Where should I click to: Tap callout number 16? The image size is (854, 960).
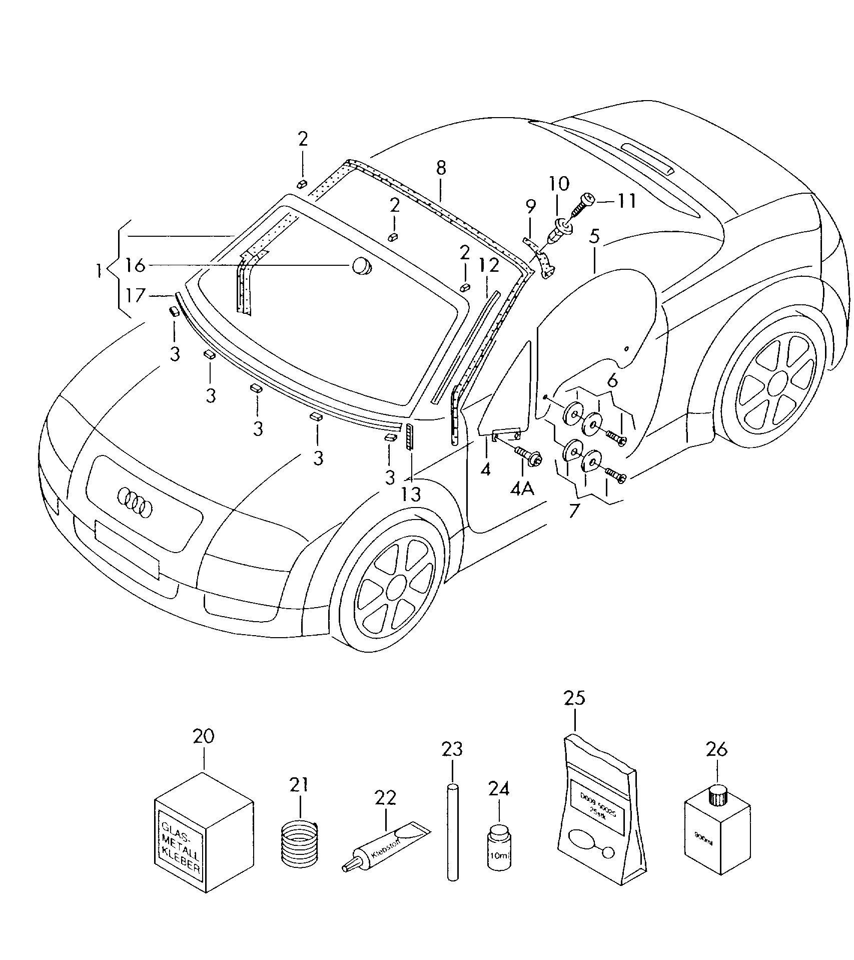135,265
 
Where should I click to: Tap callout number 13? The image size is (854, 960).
411,494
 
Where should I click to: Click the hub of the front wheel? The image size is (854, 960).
396,585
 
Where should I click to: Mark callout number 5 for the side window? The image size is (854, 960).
594,236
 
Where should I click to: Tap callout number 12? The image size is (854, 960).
489,265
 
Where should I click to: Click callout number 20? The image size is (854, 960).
204,736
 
